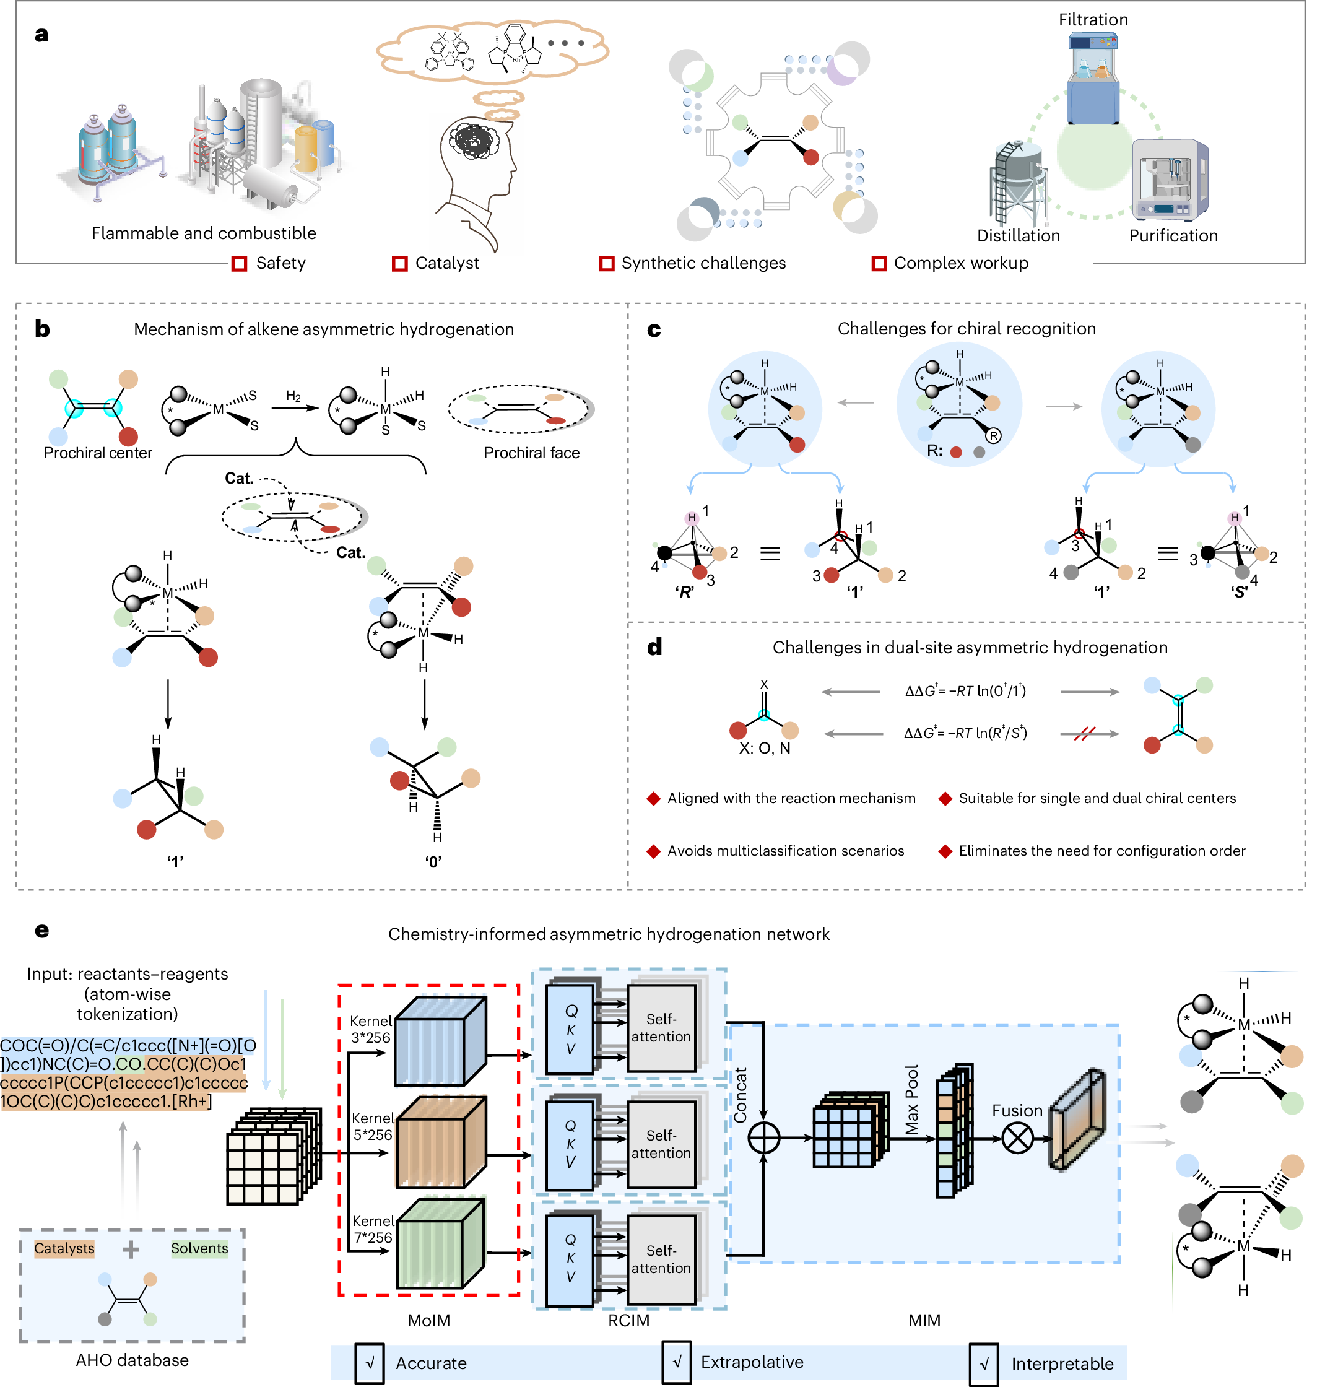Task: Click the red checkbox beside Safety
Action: (x=239, y=263)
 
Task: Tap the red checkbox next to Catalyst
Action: (x=400, y=263)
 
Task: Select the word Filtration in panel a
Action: (x=1093, y=20)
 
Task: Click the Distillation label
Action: (x=1018, y=236)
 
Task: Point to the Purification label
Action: (x=1173, y=236)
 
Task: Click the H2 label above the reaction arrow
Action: (x=293, y=396)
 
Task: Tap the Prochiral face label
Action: (x=531, y=453)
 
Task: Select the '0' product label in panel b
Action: (x=433, y=861)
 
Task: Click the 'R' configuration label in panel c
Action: (x=684, y=592)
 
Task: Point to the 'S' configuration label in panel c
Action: (x=1240, y=592)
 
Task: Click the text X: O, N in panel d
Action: (x=764, y=748)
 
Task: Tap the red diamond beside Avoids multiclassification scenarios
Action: (x=653, y=851)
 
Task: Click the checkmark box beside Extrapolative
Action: (x=677, y=1362)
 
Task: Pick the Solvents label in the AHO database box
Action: (x=199, y=1248)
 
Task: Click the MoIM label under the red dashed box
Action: (x=428, y=1320)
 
